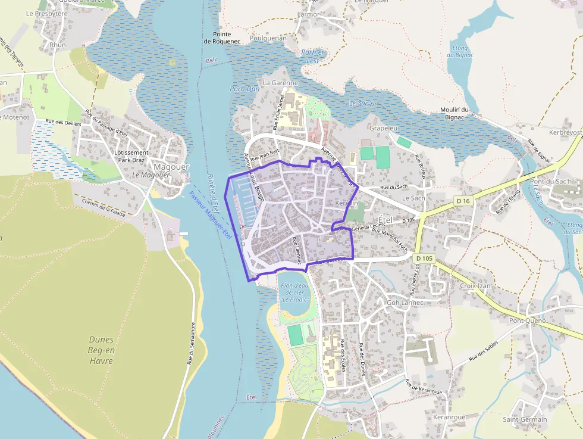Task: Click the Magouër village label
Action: pyautogui.click(x=171, y=167)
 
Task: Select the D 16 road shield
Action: pyautogui.click(x=463, y=201)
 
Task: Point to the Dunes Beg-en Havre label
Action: pyautogui.click(x=101, y=350)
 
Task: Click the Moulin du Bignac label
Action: pyautogui.click(x=455, y=113)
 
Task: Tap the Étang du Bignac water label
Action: pyautogui.click(x=460, y=52)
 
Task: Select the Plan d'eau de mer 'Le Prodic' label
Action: pyautogui.click(x=294, y=292)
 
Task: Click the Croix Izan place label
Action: pyautogui.click(x=475, y=286)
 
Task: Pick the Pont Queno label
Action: pyautogui.click(x=527, y=320)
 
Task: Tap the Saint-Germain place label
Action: pyautogui.click(x=525, y=419)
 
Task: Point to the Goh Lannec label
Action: pyautogui.click(x=405, y=303)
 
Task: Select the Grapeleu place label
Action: pyautogui.click(x=383, y=128)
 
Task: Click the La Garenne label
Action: pyautogui.click(x=280, y=83)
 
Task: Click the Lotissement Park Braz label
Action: pyautogui.click(x=131, y=156)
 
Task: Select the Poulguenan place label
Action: pyautogui.click(x=268, y=38)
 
